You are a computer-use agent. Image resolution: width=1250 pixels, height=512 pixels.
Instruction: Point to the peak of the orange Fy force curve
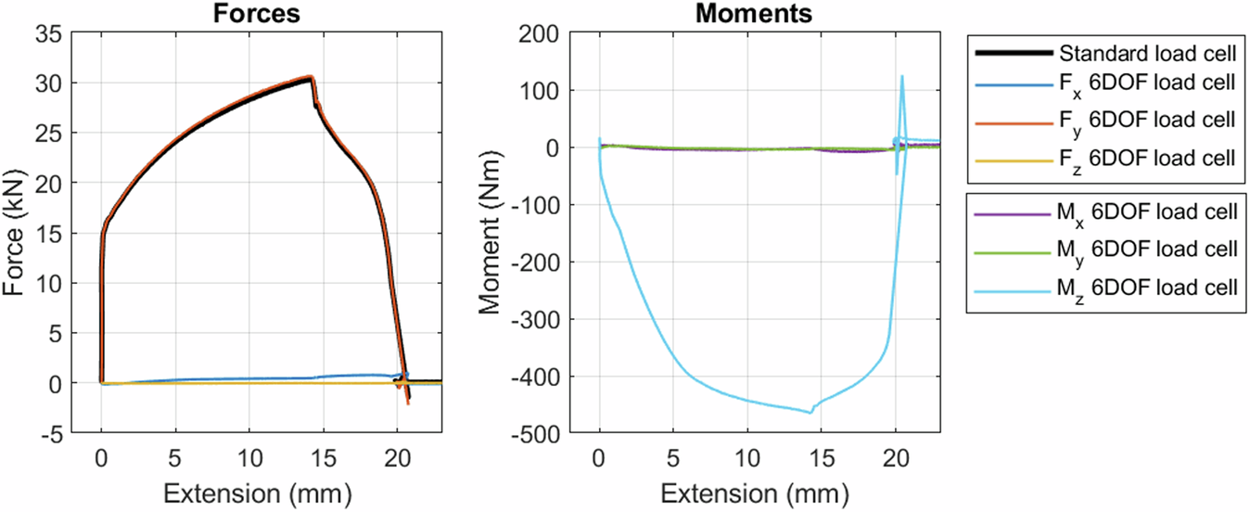pyautogui.click(x=311, y=77)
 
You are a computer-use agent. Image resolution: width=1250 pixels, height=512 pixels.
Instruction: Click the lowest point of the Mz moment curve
pyautogui.click(x=810, y=412)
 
